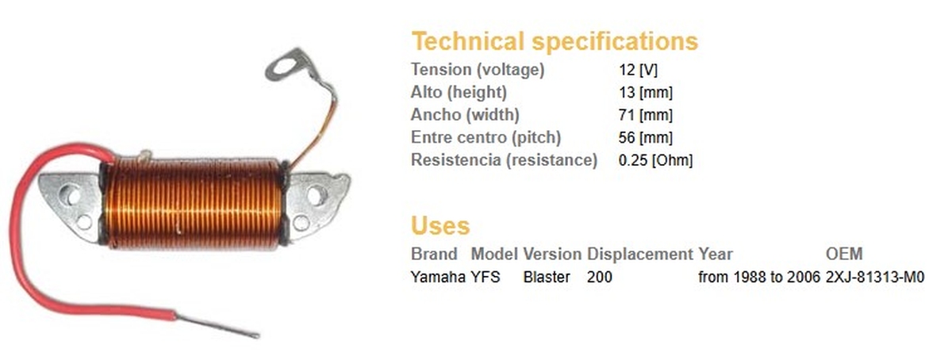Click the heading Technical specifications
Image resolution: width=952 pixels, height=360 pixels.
(555, 42)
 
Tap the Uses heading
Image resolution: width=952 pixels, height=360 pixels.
(440, 226)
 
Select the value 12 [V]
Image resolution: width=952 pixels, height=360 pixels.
(638, 70)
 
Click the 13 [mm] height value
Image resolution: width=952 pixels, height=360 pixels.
(646, 92)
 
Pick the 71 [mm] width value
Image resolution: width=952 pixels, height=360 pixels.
(646, 115)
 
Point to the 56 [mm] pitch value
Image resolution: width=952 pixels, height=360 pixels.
(646, 138)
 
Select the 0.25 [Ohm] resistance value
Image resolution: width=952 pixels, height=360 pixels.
(655, 160)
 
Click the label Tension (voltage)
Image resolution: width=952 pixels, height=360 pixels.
(478, 70)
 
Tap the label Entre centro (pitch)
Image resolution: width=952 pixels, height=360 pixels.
(486, 138)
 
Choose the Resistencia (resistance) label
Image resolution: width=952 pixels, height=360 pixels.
(504, 160)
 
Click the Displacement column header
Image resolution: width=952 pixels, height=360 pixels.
(639, 255)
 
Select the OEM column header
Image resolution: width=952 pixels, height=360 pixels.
(844, 255)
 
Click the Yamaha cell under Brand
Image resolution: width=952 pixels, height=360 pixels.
(438, 277)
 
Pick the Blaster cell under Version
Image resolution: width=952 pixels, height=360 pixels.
(547, 277)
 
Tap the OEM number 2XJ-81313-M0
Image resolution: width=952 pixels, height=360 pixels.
(875, 277)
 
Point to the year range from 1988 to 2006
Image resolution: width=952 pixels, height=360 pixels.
(759, 277)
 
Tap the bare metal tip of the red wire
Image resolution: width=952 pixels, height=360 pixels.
(217, 326)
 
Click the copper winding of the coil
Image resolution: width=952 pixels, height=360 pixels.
(194, 203)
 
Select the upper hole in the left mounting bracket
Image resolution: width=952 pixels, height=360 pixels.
(71, 194)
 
